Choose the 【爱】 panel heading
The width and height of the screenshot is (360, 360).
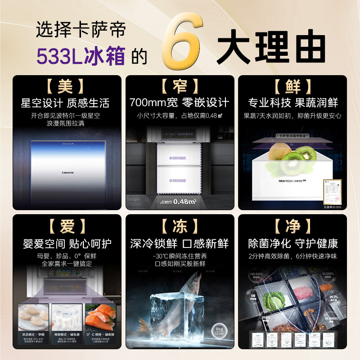[x=67, y=226]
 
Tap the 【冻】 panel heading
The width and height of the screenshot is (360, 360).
[x=180, y=226]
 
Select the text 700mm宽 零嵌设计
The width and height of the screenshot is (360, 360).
[x=180, y=103]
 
